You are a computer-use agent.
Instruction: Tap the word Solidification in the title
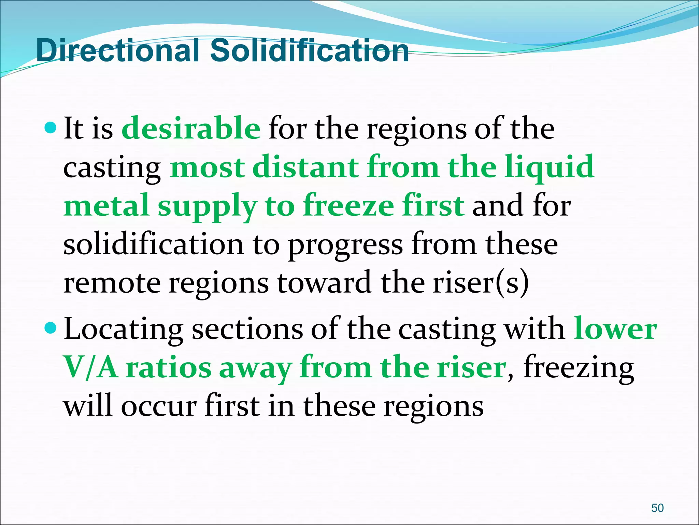point(309,51)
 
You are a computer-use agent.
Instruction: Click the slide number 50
point(657,508)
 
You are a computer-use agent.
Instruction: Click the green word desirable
point(191,129)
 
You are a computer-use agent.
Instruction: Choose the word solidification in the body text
point(153,244)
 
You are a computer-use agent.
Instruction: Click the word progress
point(345,246)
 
